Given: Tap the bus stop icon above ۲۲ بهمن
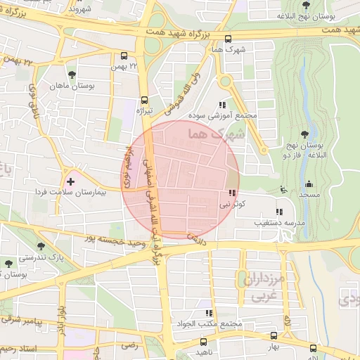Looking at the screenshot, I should pyautogui.click(x=124, y=56).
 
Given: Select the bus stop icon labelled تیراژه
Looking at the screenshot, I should pyautogui.click(x=144, y=100).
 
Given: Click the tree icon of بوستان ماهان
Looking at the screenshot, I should pyautogui.click(x=71, y=74).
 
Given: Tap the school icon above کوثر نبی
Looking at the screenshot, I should pyautogui.click(x=231, y=193).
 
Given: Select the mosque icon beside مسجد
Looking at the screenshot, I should pyautogui.click(x=283, y=189).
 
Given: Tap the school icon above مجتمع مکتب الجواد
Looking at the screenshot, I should pyautogui.click(x=208, y=314).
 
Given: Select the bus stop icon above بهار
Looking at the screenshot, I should pyautogui.click(x=274, y=337).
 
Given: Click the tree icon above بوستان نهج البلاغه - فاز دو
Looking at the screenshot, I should pyautogui.click(x=304, y=134).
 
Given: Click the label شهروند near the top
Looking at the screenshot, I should pyautogui.click(x=82, y=11).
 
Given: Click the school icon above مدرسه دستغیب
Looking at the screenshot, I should pyautogui.click(x=279, y=211).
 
